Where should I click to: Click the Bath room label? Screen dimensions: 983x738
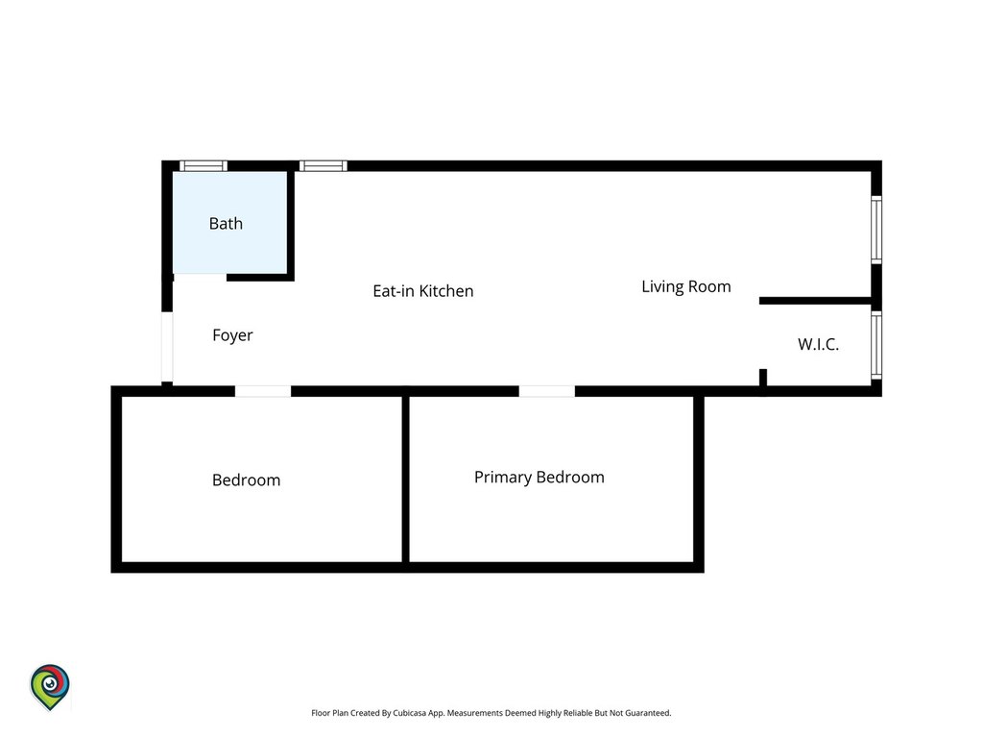pyautogui.click(x=226, y=223)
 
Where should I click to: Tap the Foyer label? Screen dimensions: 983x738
pyautogui.click(x=232, y=335)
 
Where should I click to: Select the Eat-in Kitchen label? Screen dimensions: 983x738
pyautogui.click(x=423, y=291)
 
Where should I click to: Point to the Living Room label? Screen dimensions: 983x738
pyautogui.click(x=685, y=286)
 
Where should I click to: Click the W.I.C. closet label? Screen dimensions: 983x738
pyautogui.click(x=818, y=344)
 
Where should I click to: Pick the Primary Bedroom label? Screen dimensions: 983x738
pyautogui.click(x=539, y=477)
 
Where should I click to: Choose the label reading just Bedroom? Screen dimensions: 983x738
pyautogui.click(x=247, y=480)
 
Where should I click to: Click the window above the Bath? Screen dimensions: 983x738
pyautogui.click(x=204, y=166)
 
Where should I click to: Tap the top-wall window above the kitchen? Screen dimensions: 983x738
pyautogui.click(x=323, y=166)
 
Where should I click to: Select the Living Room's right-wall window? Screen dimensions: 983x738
pyautogui.click(x=876, y=230)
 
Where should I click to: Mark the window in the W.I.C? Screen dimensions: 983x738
pyautogui.click(x=876, y=346)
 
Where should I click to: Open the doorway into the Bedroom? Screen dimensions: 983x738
pyautogui.click(x=263, y=392)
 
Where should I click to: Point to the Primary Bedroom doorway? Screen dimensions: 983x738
pyautogui.click(x=546, y=392)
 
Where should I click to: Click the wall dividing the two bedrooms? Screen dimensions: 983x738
pyautogui.click(x=406, y=480)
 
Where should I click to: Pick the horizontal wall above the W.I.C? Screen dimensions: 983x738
pyautogui.click(x=815, y=301)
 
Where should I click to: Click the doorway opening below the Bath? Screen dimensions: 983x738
pyautogui.click(x=200, y=277)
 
